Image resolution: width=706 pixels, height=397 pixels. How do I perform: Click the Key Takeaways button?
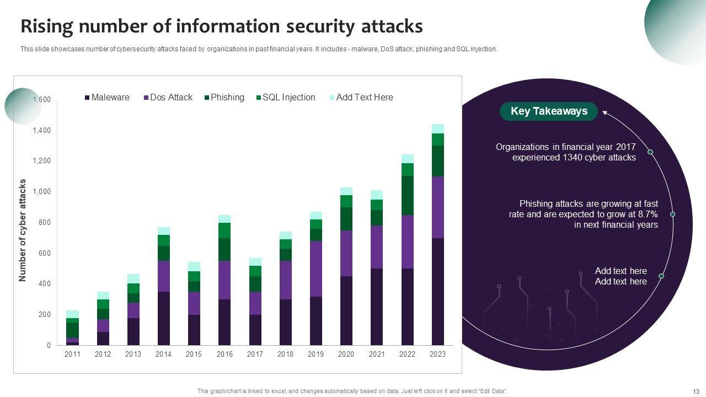549,111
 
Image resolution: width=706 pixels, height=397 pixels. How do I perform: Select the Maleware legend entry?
107,98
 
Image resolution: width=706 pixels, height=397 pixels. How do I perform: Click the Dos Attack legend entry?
168,98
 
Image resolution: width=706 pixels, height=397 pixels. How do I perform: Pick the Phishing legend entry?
224,98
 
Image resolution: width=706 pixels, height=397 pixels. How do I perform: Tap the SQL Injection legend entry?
285,98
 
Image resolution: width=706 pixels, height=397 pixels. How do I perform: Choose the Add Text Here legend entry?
361,98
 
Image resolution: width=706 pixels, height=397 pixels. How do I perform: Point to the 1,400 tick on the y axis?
41,131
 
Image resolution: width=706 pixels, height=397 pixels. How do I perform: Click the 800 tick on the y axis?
44,223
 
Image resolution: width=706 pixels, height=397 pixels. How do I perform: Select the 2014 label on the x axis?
163,355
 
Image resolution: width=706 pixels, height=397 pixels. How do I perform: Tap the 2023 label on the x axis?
437,355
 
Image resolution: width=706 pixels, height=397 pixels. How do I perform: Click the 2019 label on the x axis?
315,355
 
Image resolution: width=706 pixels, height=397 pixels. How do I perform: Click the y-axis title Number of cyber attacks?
23,230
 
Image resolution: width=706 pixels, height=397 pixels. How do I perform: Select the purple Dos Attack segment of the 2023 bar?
438,207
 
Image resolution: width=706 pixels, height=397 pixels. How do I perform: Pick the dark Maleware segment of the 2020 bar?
346,310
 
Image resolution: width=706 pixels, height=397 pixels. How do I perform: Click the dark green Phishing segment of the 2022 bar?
408,195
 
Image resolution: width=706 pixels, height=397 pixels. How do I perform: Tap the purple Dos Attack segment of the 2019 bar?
316,269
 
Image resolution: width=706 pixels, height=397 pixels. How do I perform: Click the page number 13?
695,391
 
